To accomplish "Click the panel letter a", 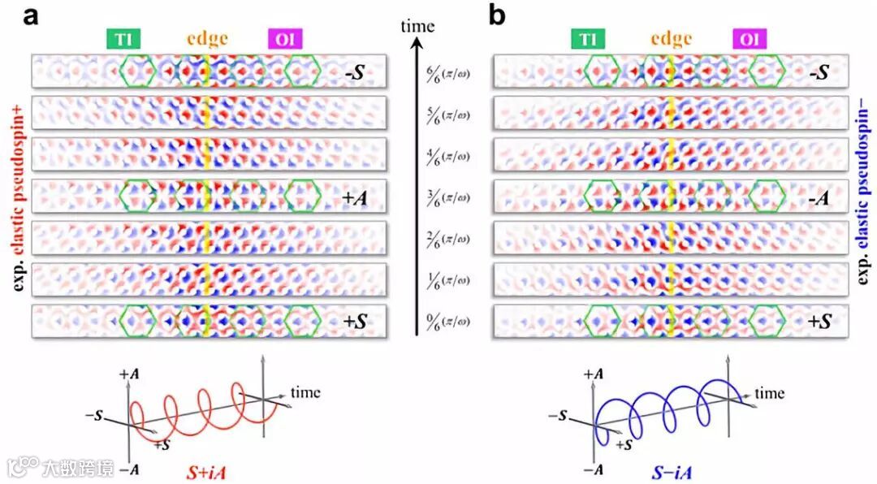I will pyautogui.click(x=32, y=17).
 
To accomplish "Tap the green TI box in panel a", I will pyautogui.click(x=124, y=39).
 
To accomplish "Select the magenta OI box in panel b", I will pyautogui.click(x=749, y=39).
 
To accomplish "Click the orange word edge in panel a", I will pyautogui.click(x=207, y=38).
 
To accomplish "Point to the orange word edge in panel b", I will pyautogui.click(x=671, y=38).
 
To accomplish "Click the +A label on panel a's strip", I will pyautogui.click(x=354, y=197).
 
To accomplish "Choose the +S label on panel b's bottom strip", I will pyautogui.click(x=819, y=322).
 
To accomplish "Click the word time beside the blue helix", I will pyautogui.click(x=770, y=395).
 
